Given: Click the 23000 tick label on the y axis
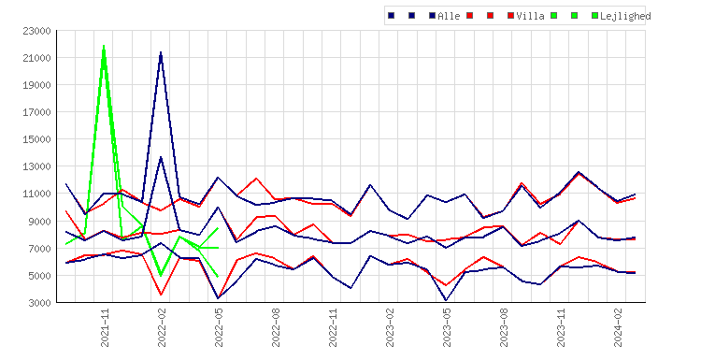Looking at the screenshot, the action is click(36, 31).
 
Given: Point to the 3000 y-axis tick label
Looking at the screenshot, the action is click(39, 303).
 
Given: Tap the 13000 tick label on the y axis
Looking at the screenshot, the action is click(36, 166).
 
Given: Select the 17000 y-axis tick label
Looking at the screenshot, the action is click(36, 112).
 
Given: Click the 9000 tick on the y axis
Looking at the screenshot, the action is click(39, 222).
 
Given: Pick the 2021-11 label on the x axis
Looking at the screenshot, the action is click(105, 328).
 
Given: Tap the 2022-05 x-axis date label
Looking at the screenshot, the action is click(219, 328).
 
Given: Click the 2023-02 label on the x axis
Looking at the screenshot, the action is click(390, 328).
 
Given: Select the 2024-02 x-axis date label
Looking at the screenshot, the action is click(618, 328).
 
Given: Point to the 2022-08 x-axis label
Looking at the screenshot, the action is click(276, 328).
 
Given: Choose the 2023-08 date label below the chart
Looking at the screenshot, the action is click(504, 328).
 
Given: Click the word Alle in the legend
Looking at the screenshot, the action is click(449, 16).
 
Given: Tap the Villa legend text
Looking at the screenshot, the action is click(530, 16).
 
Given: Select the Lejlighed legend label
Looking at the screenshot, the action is click(625, 16).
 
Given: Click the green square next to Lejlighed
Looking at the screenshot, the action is click(594, 16).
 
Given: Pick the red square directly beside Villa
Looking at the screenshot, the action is click(510, 16).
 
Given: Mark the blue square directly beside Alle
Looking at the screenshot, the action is click(432, 16).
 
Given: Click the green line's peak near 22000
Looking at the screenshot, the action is click(104, 46).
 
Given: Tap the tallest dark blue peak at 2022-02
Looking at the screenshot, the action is click(161, 52).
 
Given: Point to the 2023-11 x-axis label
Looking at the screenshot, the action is click(561, 328).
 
